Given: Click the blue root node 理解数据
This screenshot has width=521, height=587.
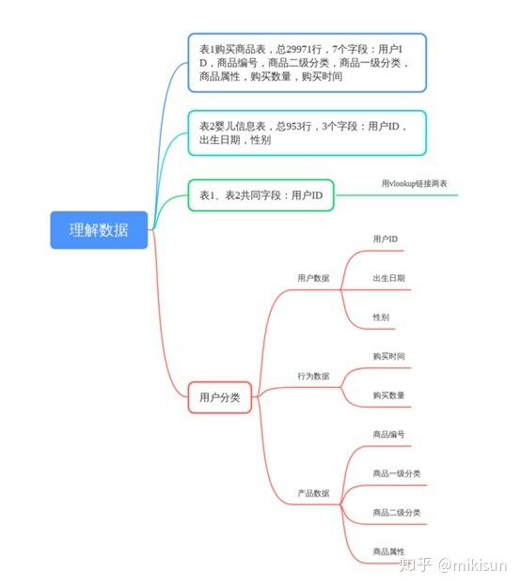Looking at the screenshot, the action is pos(99,230).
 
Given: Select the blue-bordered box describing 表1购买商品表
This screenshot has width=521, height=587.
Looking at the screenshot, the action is pos(307,63).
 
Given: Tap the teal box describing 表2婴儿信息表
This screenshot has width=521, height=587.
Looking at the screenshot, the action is pos(307,133).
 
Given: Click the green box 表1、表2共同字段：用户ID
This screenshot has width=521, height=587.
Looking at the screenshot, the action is pos(260,195).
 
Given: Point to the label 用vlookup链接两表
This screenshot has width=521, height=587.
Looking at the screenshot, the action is pos(414,183).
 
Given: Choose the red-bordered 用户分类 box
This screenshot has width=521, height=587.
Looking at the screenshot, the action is pos(220,397).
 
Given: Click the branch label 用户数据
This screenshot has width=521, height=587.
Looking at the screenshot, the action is pos(313,278).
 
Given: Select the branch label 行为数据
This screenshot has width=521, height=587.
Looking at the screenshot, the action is pos(313,376).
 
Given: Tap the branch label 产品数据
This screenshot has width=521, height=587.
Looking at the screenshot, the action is pos(313,493).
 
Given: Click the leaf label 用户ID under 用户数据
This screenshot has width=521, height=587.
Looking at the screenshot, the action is pos(386,239).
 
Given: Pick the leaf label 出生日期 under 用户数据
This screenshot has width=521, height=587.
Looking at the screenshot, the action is pos(388,278).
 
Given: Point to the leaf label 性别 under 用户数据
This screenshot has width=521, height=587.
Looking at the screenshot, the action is pos(381,317).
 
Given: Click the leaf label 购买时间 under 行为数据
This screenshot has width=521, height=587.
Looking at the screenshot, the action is pos(388,356).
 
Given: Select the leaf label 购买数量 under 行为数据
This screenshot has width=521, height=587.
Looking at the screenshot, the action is pos(388,395).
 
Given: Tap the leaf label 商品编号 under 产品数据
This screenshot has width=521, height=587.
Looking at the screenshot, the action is pos(388,434).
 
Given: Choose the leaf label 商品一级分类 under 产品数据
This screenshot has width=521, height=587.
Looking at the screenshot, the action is pos(397,473).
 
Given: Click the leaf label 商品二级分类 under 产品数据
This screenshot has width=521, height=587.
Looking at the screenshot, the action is pos(397,513).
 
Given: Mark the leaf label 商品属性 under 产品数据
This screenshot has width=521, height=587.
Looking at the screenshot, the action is pos(388,551).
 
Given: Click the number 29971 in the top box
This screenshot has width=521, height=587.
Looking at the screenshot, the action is pos(299,49).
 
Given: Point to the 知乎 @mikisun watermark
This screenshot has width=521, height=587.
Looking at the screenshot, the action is pos(453,564).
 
